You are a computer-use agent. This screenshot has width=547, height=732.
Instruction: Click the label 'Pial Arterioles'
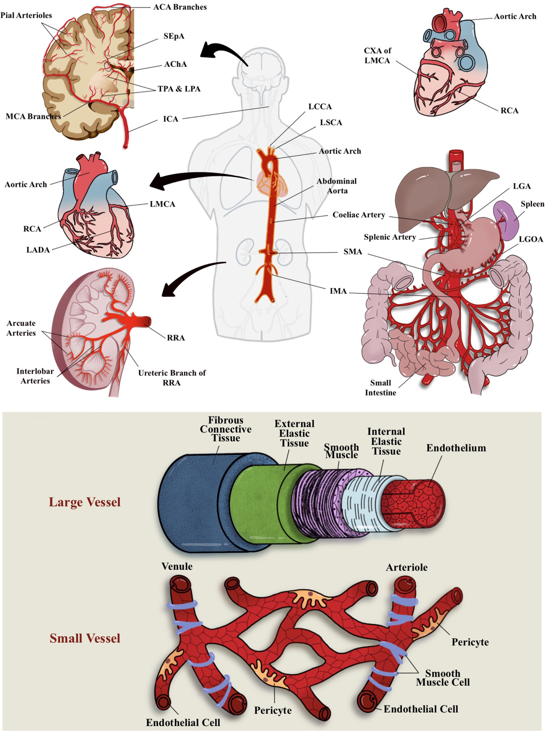point(26,15)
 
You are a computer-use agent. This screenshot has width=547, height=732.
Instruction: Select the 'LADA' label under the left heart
point(38,250)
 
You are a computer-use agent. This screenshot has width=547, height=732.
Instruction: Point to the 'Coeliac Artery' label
point(359,215)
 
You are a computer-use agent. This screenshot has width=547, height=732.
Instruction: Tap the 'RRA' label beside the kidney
point(176,338)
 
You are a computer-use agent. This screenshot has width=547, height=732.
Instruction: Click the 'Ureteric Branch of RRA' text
point(172,378)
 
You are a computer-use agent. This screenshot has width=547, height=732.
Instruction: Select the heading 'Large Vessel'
point(85,502)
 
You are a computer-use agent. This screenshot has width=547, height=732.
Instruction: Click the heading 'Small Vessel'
point(85,638)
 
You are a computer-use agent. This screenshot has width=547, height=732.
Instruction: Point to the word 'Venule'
point(177,566)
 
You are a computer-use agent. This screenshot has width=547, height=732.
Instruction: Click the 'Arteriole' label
point(407,567)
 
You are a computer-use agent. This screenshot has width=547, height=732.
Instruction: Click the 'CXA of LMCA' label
point(377,55)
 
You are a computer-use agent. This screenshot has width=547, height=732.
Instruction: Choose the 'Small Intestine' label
point(380,388)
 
